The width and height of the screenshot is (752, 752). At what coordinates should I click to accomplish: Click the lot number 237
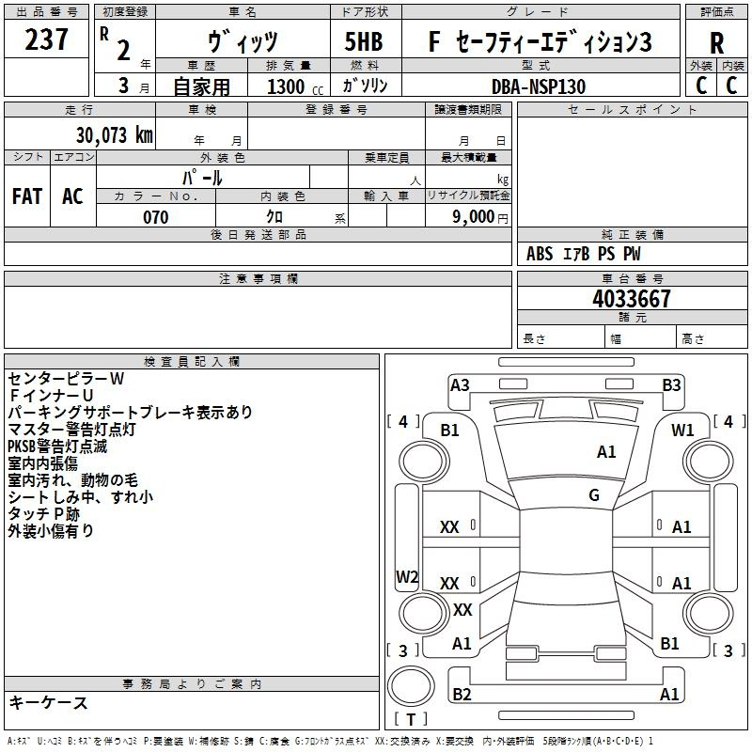pyautogui.click(x=46, y=39)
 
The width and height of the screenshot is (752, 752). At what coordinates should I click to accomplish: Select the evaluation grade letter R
pyautogui.click(x=716, y=43)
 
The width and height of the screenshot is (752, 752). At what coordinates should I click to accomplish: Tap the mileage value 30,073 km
pyautogui.click(x=114, y=135)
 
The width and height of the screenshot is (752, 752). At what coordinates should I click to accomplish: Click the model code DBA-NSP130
pyautogui.click(x=539, y=86)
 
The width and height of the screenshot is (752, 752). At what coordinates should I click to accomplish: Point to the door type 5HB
pyautogui.click(x=364, y=41)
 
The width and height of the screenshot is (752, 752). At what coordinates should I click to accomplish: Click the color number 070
pyautogui.click(x=156, y=217)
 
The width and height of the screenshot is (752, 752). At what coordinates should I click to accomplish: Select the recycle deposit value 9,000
pyautogui.click(x=473, y=216)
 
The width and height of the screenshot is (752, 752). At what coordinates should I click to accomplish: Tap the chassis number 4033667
pyautogui.click(x=631, y=299)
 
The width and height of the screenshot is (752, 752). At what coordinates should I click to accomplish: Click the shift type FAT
pyautogui.click(x=27, y=196)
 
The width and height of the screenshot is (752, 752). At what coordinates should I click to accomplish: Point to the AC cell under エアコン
pyautogui.click(x=72, y=196)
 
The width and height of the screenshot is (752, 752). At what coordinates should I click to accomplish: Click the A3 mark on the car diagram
pyautogui.click(x=460, y=385)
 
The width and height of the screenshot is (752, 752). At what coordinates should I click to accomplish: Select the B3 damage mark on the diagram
pyautogui.click(x=671, y=385)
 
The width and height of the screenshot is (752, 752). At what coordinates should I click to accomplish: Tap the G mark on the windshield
pyautogui.click(x=594, y=495)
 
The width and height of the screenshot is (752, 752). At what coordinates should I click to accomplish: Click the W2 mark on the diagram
pyautogui.click(x=407, y=576)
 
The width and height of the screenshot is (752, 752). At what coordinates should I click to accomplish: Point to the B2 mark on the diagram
pyautogui.click(x=462, y=694)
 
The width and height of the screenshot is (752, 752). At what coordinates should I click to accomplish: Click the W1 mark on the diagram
pyautogui.click(x=682, y=431)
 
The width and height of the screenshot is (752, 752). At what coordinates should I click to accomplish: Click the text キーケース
pyautogui.click(x=48, y=702)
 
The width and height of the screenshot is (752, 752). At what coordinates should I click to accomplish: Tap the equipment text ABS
pyautogui.click(x=540, y=254)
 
